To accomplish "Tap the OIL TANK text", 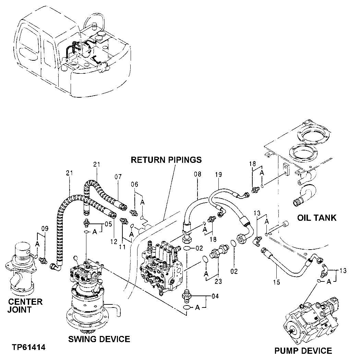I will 316,218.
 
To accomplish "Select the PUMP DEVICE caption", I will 303,351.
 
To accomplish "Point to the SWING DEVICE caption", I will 99,339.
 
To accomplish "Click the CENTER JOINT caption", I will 25,306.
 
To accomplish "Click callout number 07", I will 118,177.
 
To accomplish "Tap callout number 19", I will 219,174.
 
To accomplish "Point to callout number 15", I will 277,282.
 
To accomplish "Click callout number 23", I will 218,281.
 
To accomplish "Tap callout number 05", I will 108,225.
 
